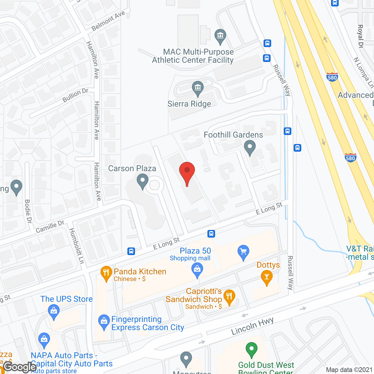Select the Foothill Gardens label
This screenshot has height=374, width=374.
click(x=233, y=135)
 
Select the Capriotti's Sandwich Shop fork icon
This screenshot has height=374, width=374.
click(x=229, y=297)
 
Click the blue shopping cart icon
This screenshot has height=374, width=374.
click(x=243, y=252)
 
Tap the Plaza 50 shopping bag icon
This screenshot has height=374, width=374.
click(x=197, y=269)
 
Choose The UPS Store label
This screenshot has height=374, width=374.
click(x=67, y=299)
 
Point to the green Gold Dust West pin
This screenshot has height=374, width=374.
click(x=251, y=349)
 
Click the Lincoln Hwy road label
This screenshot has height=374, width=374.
click(x=252, y=326)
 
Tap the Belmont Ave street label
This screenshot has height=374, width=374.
click(x=108, y=21)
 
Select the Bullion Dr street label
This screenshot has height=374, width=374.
click(x=75, y=95)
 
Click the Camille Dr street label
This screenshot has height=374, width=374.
click(x=50, y=227)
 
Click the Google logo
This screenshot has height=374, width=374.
click(x=20, y=367)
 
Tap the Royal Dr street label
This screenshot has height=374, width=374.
click(x=361, y=36)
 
